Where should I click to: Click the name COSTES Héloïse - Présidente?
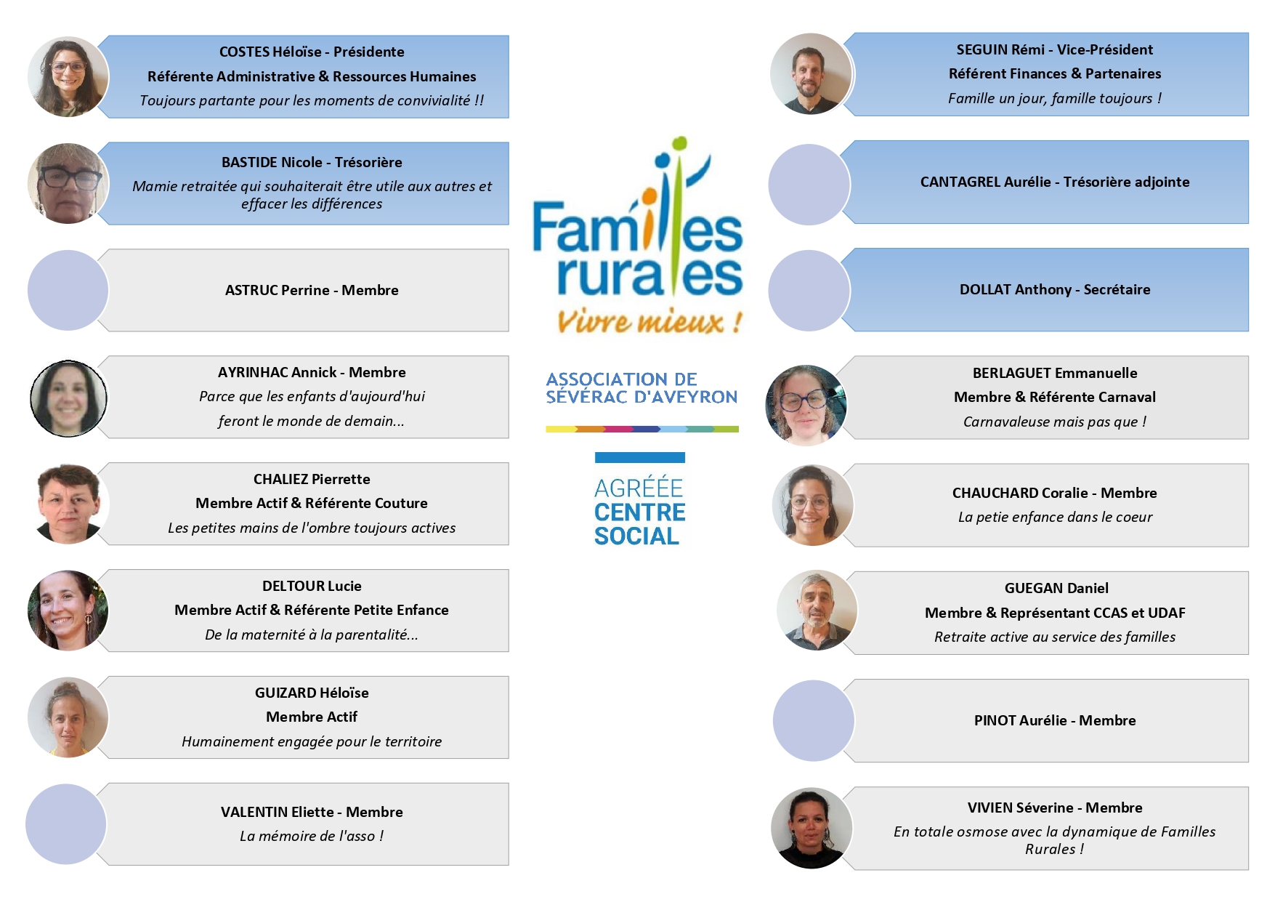(312, 52)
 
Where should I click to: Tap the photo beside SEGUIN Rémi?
(811, 74)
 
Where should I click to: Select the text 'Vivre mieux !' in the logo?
(649, 321)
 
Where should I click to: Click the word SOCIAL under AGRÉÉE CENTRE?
(636, 536)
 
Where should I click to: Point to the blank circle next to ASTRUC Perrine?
(68, 291)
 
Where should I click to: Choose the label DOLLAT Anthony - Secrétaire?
(1055, 289)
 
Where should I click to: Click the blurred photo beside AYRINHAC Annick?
(68, 398)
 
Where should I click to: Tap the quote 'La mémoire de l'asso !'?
(312, 836)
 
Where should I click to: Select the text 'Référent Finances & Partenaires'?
(1055, 73)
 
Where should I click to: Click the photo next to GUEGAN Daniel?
(817, 611)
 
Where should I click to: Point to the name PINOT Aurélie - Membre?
(1055, 720)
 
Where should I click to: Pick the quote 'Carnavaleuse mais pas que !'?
(1055, 422)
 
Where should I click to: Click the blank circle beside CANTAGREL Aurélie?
(809, 185)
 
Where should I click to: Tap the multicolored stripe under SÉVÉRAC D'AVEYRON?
(642, 430)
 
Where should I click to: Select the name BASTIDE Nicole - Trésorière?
(312, 162)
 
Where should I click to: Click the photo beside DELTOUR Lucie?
(68, 611)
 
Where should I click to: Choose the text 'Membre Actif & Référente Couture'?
(312, 503)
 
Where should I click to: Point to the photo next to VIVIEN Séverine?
(811, 828)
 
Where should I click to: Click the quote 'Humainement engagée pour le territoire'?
(312, 741)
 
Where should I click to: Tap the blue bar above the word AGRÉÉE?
(640, 458)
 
